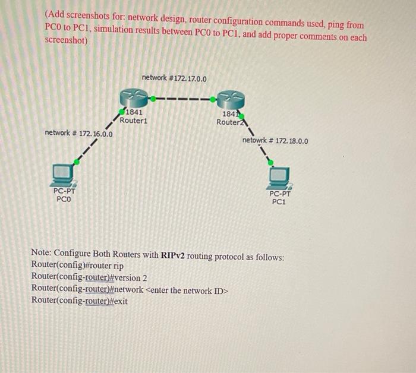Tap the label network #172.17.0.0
pos(174,78)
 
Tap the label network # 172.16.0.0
pos(79,134)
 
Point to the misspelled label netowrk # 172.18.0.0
pos(275,141)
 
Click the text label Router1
pos(133,121)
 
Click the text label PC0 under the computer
pos(64,199)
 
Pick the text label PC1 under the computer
pos(279,201)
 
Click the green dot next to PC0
pos(77,161)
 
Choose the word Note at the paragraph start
pos(42,257)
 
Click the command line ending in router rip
pos(77,268)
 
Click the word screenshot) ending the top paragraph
pos(67,41)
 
